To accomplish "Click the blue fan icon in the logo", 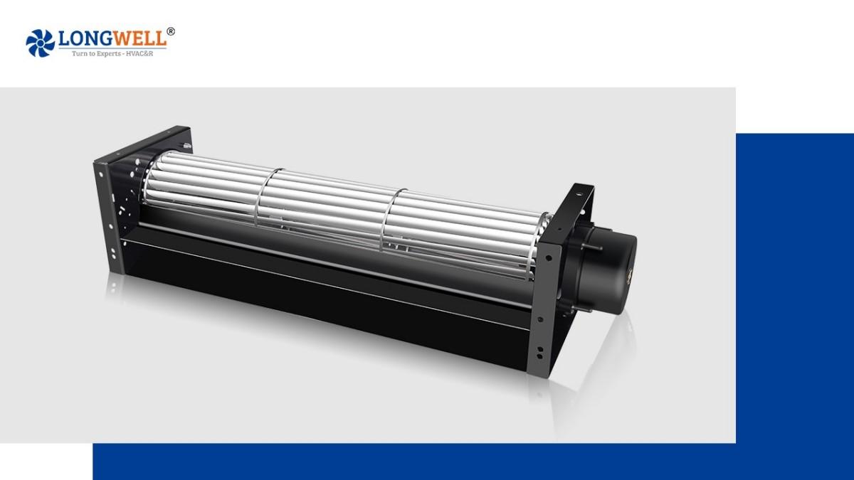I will (40, 43).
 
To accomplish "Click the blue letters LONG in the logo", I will (82, 38).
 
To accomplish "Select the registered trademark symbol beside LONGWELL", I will (171, 31).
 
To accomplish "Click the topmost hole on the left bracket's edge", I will (99, 166).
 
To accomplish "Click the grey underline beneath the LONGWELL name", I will (114, 48).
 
